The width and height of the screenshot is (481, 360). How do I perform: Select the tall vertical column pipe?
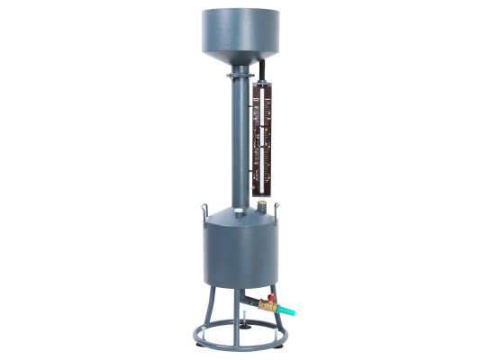pyautogui.click(x=240, y=144)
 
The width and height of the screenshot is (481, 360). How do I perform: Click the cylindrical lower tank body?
pyautogui.click(x=238, y=256)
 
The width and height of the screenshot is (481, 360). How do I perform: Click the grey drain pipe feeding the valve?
pyautogui.click(x=248, y=297)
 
